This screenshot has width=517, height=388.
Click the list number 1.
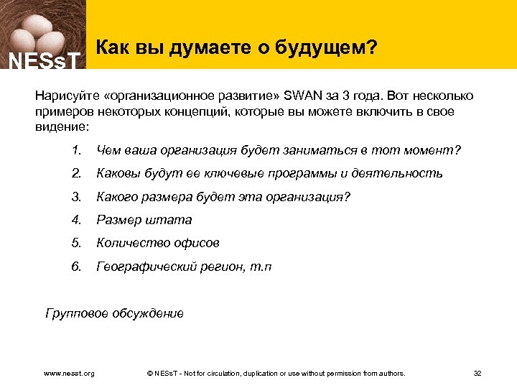coord(76,150)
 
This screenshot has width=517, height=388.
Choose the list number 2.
coord(76,173)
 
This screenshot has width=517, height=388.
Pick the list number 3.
coord(76,197)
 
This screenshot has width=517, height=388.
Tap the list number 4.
coord(76,220)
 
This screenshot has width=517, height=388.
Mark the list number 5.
coord(76,243)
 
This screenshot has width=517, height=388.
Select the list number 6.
coord(76,267)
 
